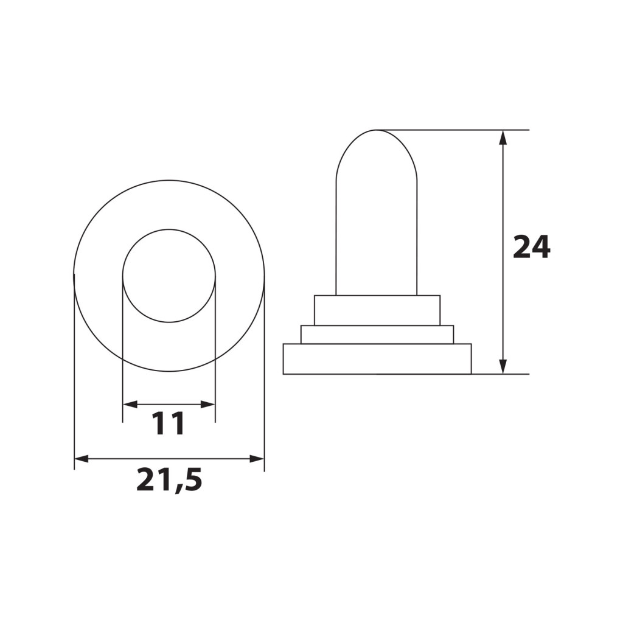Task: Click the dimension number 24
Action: [531, 247]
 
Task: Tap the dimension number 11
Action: [169, 423]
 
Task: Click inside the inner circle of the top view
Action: [169, 276]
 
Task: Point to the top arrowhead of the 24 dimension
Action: [503, 137]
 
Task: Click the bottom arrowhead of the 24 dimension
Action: [503, 367]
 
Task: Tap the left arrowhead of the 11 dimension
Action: [130, 405]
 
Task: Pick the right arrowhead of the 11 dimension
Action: [208, 405]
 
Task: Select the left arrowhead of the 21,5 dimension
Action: [82, 459]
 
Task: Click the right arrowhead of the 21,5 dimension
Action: [257, 459]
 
